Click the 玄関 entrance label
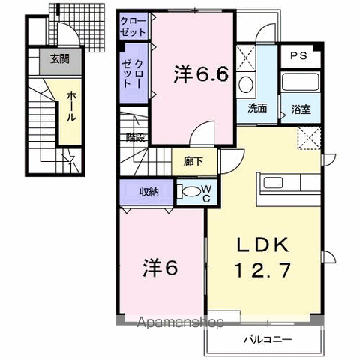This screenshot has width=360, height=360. [x=60, y=59]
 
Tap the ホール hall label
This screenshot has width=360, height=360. [x=72, y=106]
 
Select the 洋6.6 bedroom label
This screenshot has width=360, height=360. [x=201, y=74]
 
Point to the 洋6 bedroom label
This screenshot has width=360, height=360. [x=160, y=268]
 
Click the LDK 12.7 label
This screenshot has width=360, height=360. [x=263, y=257]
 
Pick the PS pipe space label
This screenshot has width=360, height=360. [x=298, y=55]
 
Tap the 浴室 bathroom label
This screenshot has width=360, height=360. [x=301, y=109]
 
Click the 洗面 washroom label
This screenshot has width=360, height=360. [x=257, y=108]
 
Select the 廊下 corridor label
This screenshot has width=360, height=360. [x=193, y=161]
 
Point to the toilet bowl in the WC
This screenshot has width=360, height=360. [x=190, y=191]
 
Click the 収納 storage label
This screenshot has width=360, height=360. [x=149, y=192]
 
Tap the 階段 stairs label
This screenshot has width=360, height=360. [x=136, y=137]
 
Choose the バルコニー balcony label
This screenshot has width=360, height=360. [x=268, y=340]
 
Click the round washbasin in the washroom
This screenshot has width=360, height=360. [x=246, y=85]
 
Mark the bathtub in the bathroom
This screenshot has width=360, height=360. [x=301, y=82]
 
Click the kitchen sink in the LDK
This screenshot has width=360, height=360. [x=274, y=183]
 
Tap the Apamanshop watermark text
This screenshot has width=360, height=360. [x=180, y=322]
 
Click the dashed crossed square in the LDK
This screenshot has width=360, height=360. [x=309, y=139]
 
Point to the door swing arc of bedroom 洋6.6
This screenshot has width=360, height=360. [x=199, y=126]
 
